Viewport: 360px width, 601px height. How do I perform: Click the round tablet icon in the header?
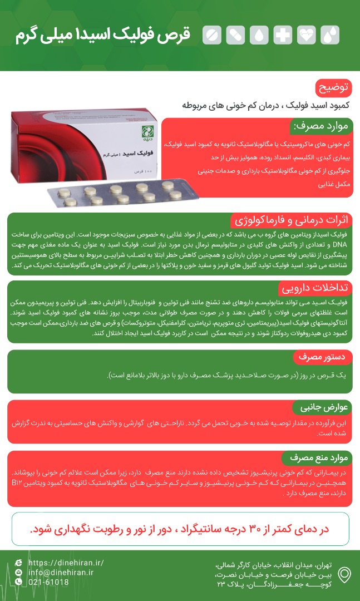211,35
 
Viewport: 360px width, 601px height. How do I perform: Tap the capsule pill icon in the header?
235,35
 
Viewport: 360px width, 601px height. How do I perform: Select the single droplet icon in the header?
259,35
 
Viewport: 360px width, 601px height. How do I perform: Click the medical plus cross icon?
283,35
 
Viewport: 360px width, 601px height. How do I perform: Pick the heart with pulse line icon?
306,35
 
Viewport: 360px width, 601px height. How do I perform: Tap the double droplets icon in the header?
330,35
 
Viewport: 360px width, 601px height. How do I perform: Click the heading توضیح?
334,88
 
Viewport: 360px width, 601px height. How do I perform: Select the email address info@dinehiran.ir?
61,572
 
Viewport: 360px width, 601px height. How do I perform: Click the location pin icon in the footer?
345,574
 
